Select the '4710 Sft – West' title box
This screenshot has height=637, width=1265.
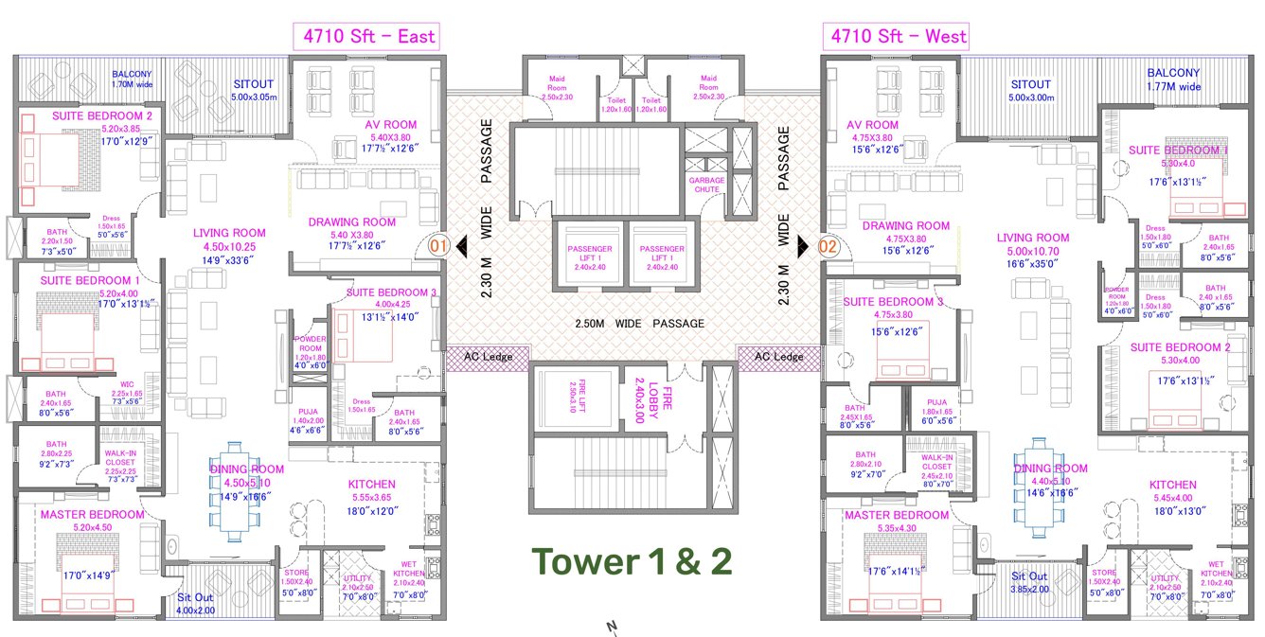pos(899,37)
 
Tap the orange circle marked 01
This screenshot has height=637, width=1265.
pos(438,246)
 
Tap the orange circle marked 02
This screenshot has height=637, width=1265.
pos(828,246)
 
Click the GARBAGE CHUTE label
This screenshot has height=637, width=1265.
pos(705,185)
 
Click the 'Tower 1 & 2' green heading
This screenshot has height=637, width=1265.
pos(632,561)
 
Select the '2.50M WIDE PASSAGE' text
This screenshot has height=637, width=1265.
pos(640,324)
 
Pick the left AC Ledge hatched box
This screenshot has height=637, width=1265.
pos(488,357)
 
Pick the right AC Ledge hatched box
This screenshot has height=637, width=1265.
pos(777,357)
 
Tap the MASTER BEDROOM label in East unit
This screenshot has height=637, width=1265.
pos(91,515)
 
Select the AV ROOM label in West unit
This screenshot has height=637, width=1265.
pos(873,124)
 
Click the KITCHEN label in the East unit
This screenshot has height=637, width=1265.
pos(371,484)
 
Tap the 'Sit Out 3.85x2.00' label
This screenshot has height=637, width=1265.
pos(1029,582)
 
